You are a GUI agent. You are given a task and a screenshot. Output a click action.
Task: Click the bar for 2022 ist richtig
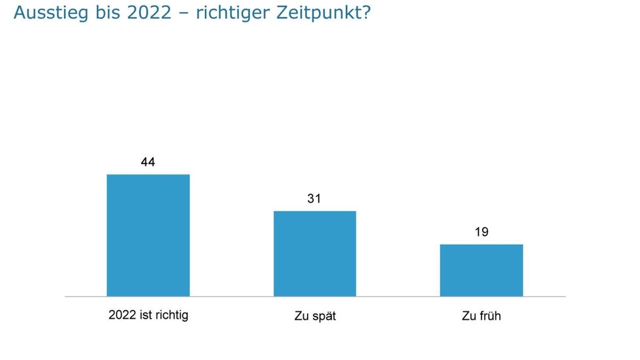[148, 235]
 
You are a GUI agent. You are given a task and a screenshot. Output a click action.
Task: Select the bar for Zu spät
[315, 253]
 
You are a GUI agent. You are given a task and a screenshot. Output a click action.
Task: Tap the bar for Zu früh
[481, 270]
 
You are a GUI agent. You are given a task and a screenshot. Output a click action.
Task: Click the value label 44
[148, 162]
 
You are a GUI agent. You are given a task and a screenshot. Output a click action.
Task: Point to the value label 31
[314, 199]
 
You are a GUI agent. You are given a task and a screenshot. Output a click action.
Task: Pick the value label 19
[481, 232]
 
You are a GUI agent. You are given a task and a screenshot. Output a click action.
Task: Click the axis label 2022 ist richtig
[148, 315]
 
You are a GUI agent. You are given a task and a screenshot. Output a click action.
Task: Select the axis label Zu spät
[315, 316]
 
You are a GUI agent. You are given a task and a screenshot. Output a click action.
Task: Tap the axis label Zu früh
[481, 316]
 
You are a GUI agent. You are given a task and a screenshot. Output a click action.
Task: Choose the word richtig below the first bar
[171, 315]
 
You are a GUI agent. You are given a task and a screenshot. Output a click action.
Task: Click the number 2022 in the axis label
[122, 315]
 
